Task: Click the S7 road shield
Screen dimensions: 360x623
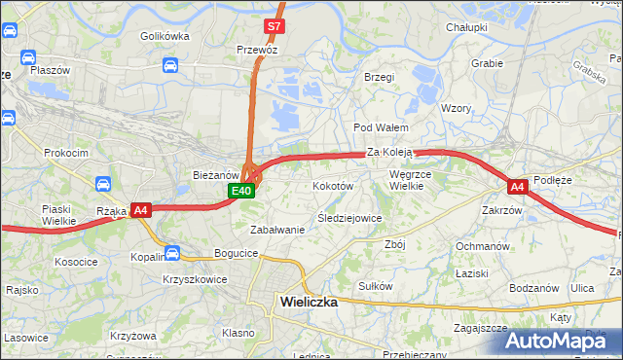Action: click(x=274, y=25)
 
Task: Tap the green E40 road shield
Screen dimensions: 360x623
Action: click(x=242, y=191)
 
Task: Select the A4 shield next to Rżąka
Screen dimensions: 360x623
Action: click(x=140, y=209)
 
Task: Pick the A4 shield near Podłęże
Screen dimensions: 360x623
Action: click(x=517, y=186)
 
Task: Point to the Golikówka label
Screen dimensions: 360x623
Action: click(x=164, y=36)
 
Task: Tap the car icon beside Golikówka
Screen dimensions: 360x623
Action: click(x=170, y=65)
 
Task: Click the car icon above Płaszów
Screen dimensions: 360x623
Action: click(x=29, y=56)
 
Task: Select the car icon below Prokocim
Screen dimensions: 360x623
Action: click(x=103, y=183)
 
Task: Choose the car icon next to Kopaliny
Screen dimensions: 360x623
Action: click(x=172, y=255)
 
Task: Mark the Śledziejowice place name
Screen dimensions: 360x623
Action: click(x=349, y=218)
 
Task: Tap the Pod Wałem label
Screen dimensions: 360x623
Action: click(x=380, y=127)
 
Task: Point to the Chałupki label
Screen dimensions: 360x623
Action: click(x=465, y=27)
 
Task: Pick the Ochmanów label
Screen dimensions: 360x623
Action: click(x=483, y=246)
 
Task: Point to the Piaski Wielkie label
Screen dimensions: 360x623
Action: click(x=58, y=215)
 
